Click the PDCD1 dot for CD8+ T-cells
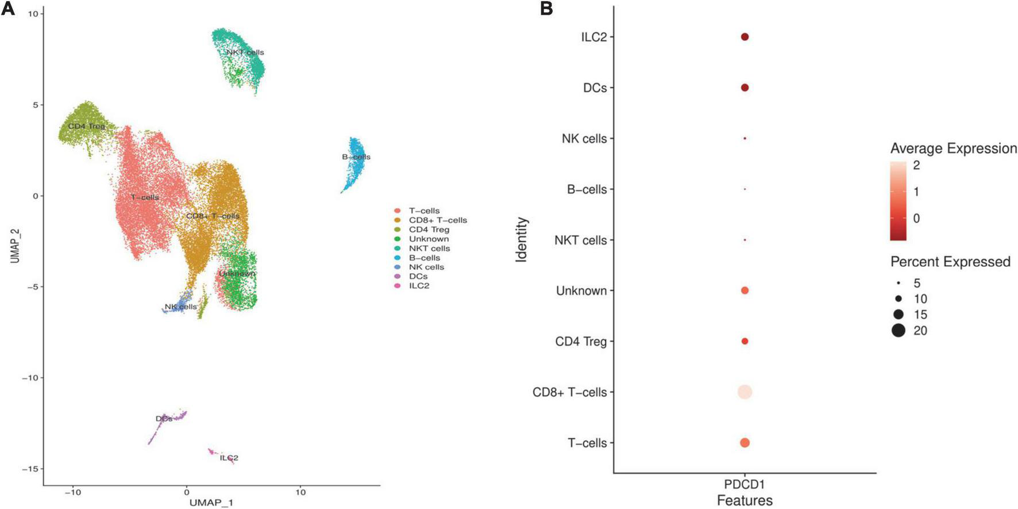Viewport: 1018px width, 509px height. point(745,392)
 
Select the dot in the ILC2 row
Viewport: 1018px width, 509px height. point(745,37)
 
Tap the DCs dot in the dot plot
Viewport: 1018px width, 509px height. point(745,88)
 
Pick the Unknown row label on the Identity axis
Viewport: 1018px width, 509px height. point(581,291)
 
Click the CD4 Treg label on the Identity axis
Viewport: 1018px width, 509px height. point(580,342)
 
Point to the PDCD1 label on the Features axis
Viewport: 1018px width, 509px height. point(745,484)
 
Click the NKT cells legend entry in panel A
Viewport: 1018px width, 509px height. point(429,248)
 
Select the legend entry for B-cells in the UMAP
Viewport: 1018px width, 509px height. point(424,258)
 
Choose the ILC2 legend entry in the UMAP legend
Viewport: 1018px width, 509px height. point(419,286)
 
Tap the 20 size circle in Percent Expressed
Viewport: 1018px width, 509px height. point(899,331)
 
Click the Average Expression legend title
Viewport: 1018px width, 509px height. point(953,148)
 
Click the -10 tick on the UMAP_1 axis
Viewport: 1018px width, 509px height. point(72,493)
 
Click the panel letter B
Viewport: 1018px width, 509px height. point(546,9)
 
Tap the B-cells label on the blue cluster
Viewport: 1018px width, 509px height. point(356,157)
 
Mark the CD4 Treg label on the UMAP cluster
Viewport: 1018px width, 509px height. point(86,126)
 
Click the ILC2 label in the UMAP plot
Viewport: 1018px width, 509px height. point(229,458)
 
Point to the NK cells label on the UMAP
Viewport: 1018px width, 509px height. point(180,307)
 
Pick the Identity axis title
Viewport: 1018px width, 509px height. point(521,239)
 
